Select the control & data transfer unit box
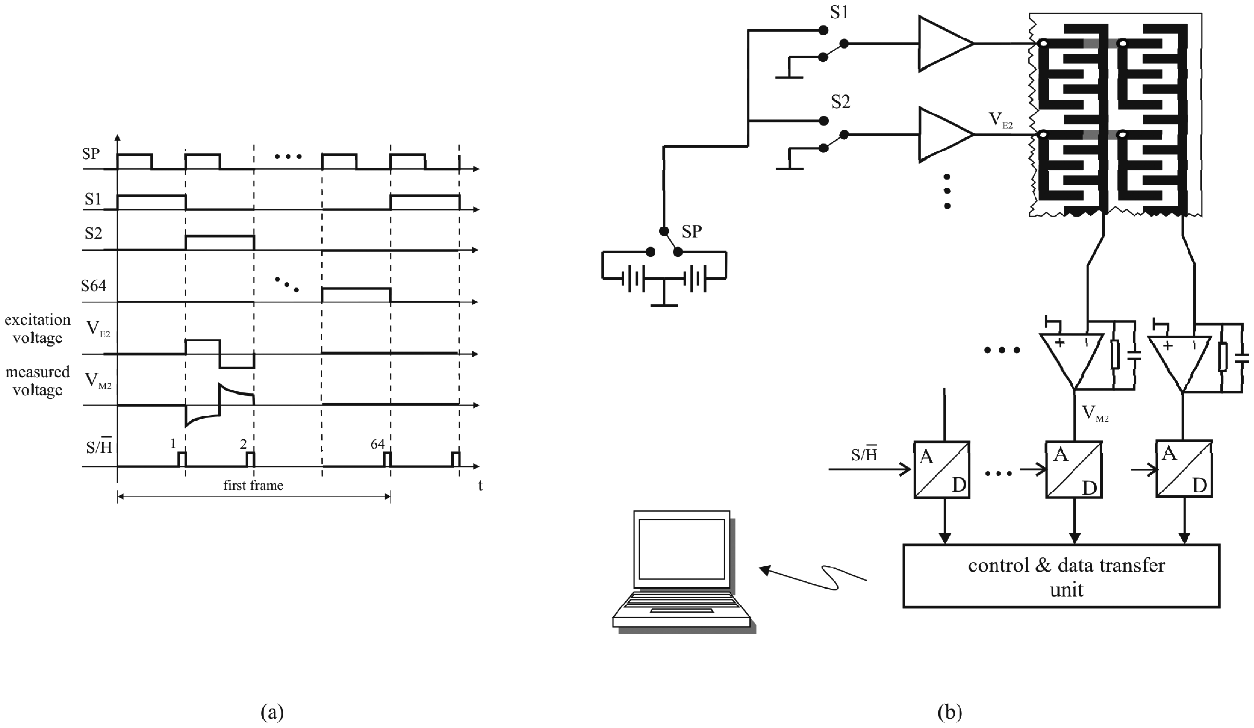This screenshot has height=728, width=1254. click(x=1061, y=576)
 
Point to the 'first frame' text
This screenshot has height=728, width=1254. click(x=253, y=485)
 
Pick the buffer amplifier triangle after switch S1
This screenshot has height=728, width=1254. click(x=943, y=44)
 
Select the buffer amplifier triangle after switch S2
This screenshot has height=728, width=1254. click(x=943, y=134)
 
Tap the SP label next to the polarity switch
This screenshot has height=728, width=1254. click(x=692, y=231)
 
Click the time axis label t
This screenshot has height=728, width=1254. click(x=480, y=486)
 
